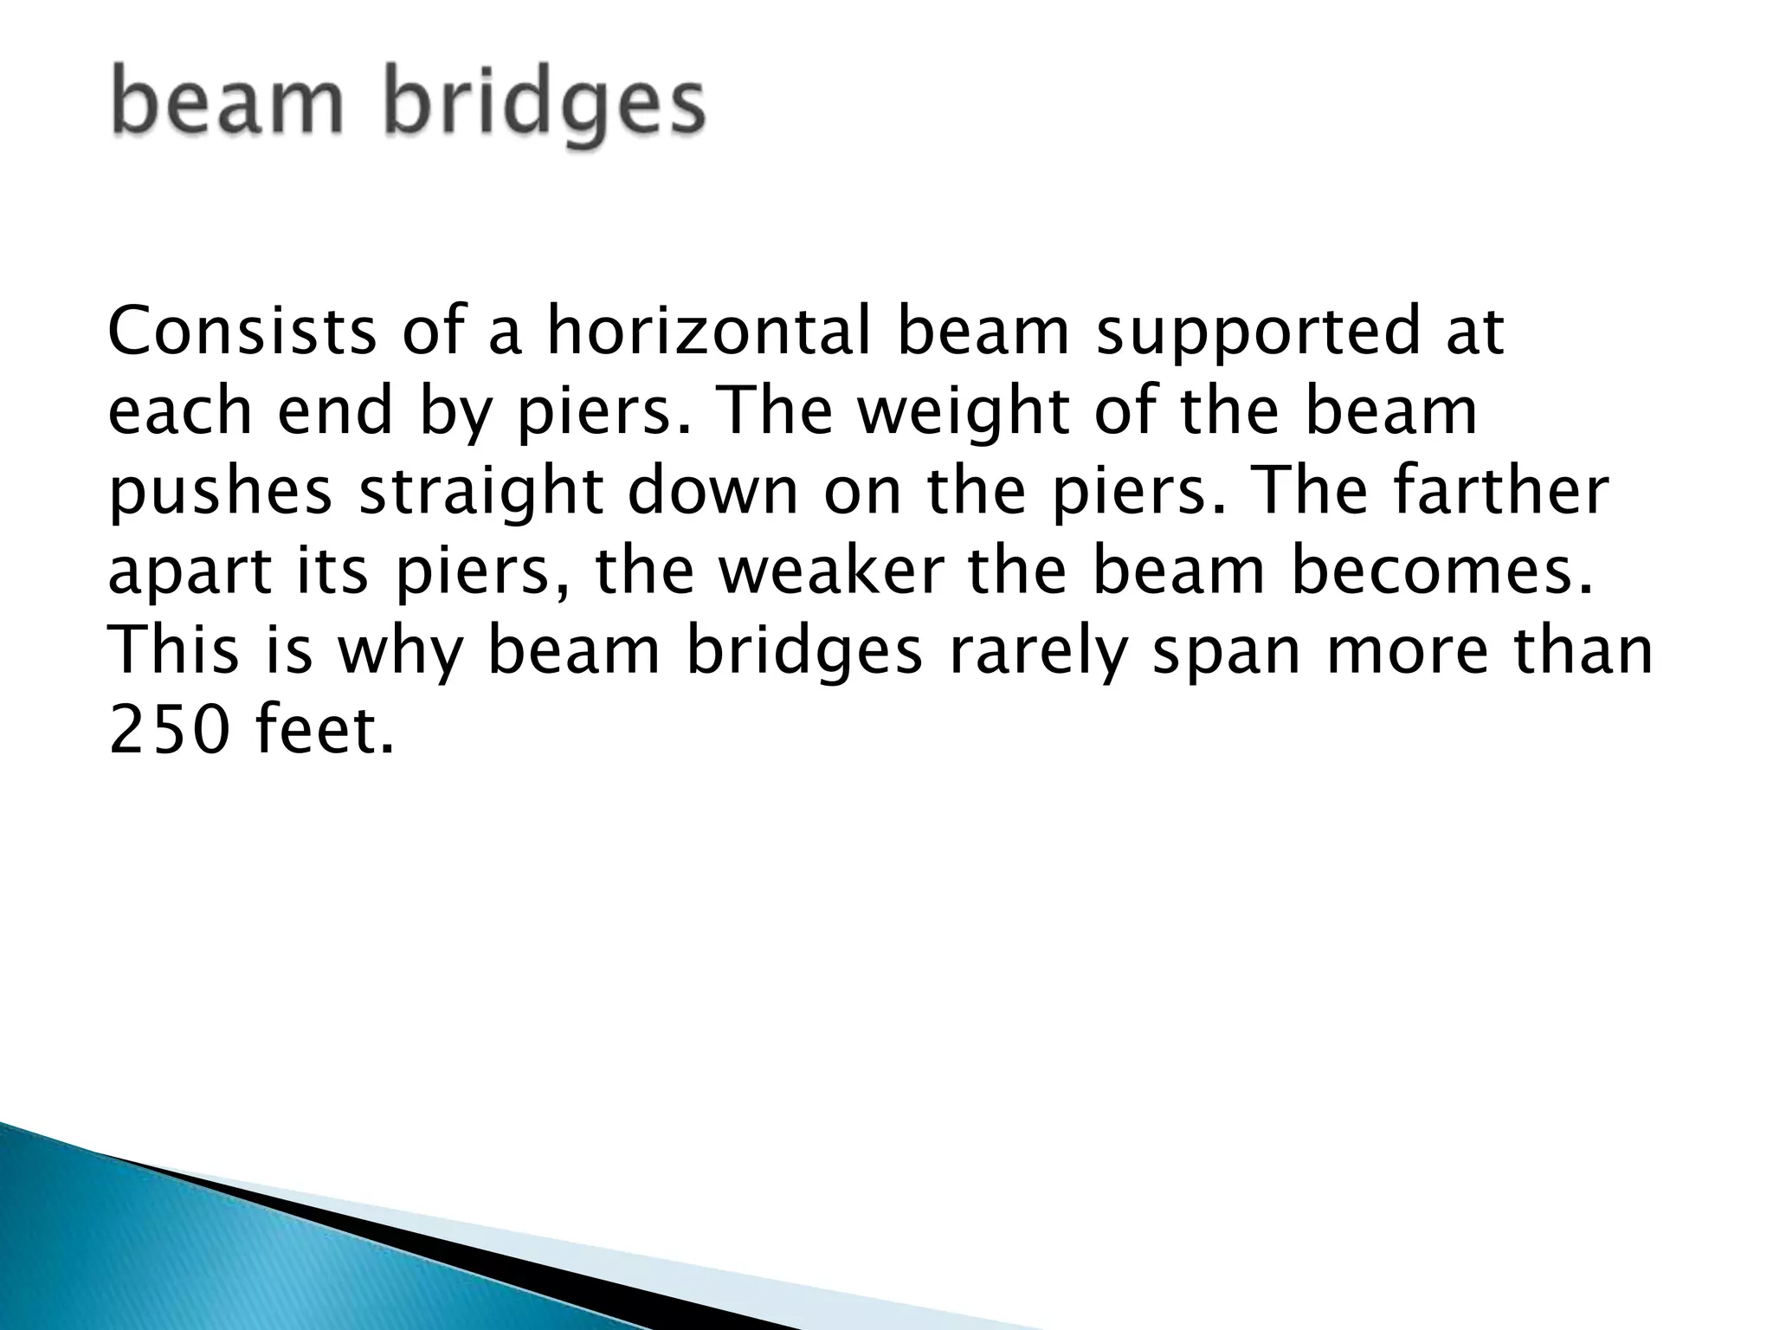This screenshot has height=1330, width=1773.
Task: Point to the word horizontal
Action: pyautogui.click(x=708, y=331)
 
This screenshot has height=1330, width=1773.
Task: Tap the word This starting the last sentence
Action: pyautogui.click(x=173, y=651)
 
